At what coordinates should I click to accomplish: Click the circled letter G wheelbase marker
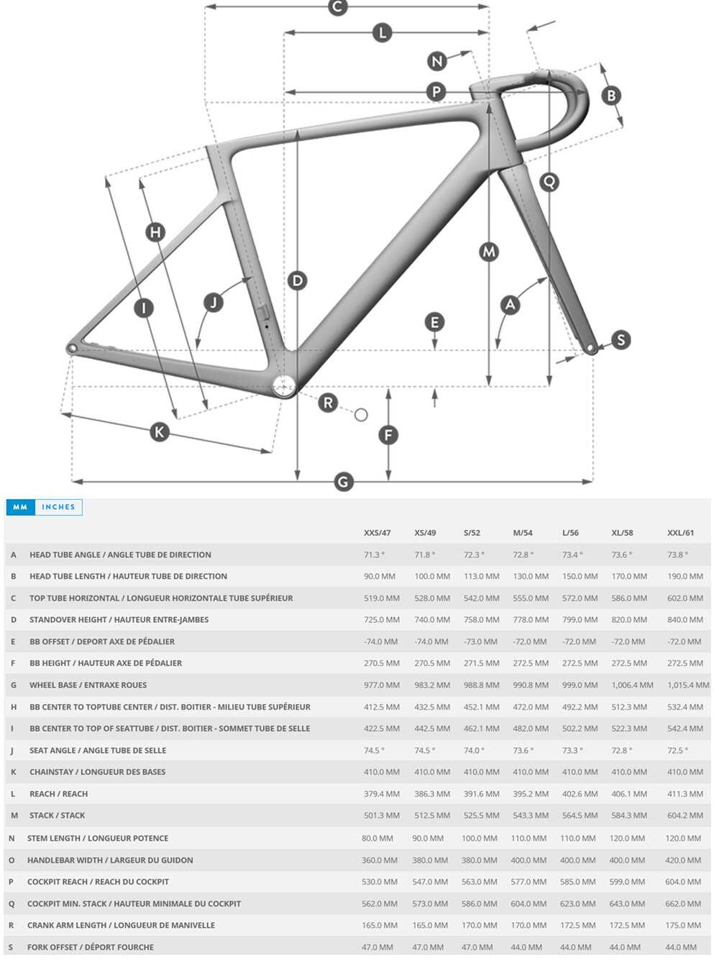click(x=344, y=481)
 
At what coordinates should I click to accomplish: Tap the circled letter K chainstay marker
click(x=160, y=432)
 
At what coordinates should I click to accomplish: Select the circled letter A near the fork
click(x=510, y=304)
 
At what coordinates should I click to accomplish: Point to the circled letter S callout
click(x=621, y=339)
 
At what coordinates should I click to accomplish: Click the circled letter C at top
click(x=338, y=6)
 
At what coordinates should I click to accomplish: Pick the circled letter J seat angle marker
click(x=213, y=302)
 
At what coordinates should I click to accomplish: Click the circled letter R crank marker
click(x=328, y=403)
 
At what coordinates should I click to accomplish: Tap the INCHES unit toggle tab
click(x=58, y=507)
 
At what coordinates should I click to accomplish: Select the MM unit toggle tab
click(x=20, y=507)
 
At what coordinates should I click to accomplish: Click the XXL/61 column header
click(x=680, y=533)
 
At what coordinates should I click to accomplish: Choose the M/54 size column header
click(x=523, y=533)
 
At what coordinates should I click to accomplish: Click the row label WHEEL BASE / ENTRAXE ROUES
click(x=88, y=685)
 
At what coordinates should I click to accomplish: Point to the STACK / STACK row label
click(x=57, y=815)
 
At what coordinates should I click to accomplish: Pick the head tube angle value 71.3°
click(x=374, y=555)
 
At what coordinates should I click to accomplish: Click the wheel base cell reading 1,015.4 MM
click(x=688, y=685)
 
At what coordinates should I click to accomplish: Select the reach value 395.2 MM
click(x=531, y=794)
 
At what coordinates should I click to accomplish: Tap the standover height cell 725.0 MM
click(x=381, y=620)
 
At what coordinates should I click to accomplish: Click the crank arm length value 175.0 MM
click(x=683, y=925)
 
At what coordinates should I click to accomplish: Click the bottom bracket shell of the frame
click(x=284, y=386)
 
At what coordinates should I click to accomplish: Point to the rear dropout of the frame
click(x=72, y=349)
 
